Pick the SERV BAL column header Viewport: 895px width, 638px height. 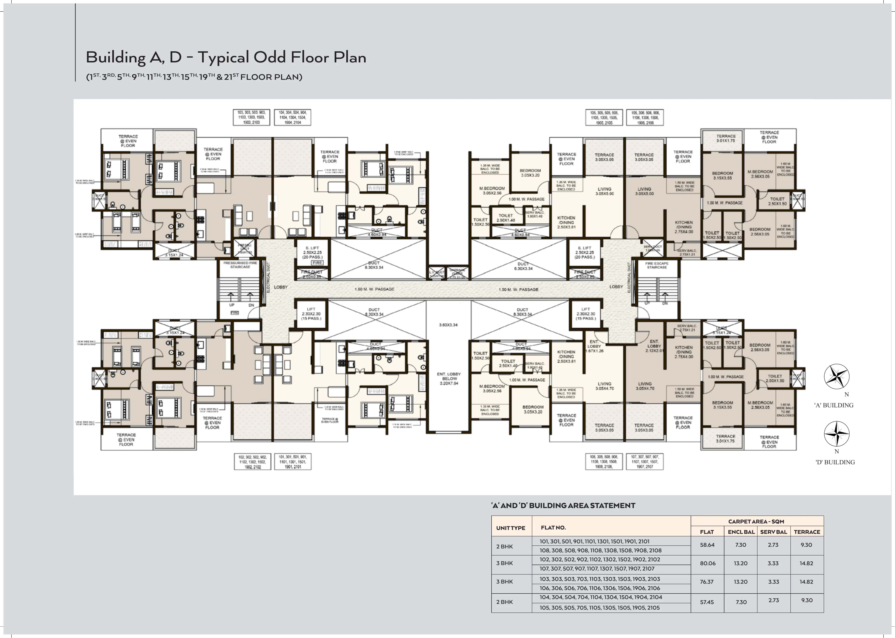click(773, 532)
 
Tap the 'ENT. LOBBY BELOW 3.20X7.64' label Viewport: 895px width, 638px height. click(449, 379)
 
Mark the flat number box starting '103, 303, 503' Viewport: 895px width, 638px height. click(251, 117)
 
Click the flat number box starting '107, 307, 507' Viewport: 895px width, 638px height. click(644, 462)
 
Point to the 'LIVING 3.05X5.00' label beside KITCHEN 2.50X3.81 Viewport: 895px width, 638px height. click(604, 191)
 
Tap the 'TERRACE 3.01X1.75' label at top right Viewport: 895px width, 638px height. click(726, 138)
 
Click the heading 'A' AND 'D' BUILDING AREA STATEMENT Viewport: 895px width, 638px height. click(563, 506)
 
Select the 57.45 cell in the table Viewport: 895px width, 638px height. click(707, 602)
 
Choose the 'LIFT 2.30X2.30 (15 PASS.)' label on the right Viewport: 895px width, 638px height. click(585, 314)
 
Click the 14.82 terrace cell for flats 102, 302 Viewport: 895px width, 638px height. click(806, 563)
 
